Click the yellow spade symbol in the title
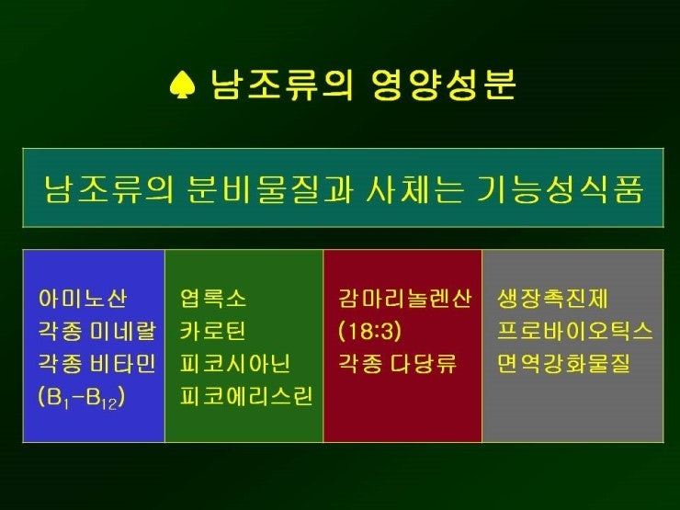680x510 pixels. tap(183, 85)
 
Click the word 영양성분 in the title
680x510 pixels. tap(444, 85)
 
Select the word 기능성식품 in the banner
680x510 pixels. tap(559, 189)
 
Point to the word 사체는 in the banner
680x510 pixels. tap(414, 189)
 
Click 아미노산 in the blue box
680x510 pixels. tap(83, 299)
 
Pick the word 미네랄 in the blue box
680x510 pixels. tap(123, 331)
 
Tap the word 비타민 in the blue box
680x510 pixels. tap(123, 363)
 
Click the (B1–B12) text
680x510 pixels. tap(82, 397)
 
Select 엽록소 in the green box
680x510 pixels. tap(213, 299)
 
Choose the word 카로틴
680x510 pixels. tap(213, 331)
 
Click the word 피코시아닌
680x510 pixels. tap(235, 363)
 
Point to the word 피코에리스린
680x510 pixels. tap(246, 396)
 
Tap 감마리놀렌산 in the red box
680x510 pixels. tap(404, 299)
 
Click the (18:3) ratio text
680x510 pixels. tap(369, 332)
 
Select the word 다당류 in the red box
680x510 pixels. tap(424, 363)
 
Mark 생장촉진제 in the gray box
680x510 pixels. tap(552, 299)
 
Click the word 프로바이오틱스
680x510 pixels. tap(574, 331)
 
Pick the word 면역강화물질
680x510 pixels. tap(563, 363)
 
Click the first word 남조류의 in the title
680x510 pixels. tap(282, 85)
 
